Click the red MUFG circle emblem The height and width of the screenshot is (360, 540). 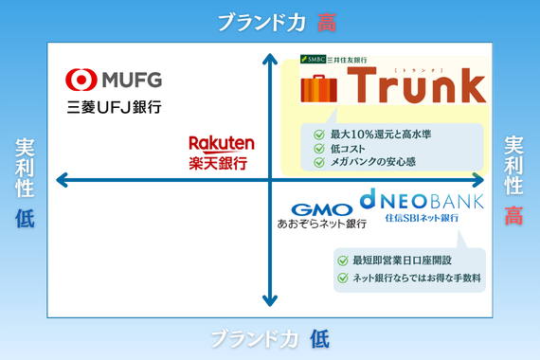tap(81, 80)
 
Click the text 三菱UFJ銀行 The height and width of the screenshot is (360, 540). tap(114, 107)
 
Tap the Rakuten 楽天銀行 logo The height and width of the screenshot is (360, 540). tap(222, 153)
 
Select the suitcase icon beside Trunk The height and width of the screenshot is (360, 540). tap(318, 88)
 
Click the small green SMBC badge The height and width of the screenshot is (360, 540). tap(313, 60)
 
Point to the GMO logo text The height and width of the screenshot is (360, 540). tap(322, 209)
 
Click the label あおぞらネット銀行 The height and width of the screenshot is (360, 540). tap(322, 224)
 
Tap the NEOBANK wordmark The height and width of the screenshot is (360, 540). tap(422, 200)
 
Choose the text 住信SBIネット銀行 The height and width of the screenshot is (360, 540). tap(422, 218)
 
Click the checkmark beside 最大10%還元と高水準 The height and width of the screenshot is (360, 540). tap(319, 135)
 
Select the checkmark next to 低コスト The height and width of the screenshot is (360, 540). tap(319, 149)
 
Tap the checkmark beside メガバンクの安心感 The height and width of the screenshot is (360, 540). tap(319, 162)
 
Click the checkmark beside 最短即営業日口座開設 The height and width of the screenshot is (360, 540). tap(343, 261)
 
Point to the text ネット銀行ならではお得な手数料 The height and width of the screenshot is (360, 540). tap(417, 278)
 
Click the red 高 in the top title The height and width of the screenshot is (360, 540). tap(327, 23)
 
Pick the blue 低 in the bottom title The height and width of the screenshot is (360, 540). tap(319, 339)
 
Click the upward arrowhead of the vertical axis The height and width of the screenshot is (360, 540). tap(270, 59)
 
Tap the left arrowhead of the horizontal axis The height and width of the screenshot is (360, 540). tap(62, 180)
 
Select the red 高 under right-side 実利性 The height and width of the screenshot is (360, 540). tap(513, 216)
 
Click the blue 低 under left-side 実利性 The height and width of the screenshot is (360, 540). tap(25, 219)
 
